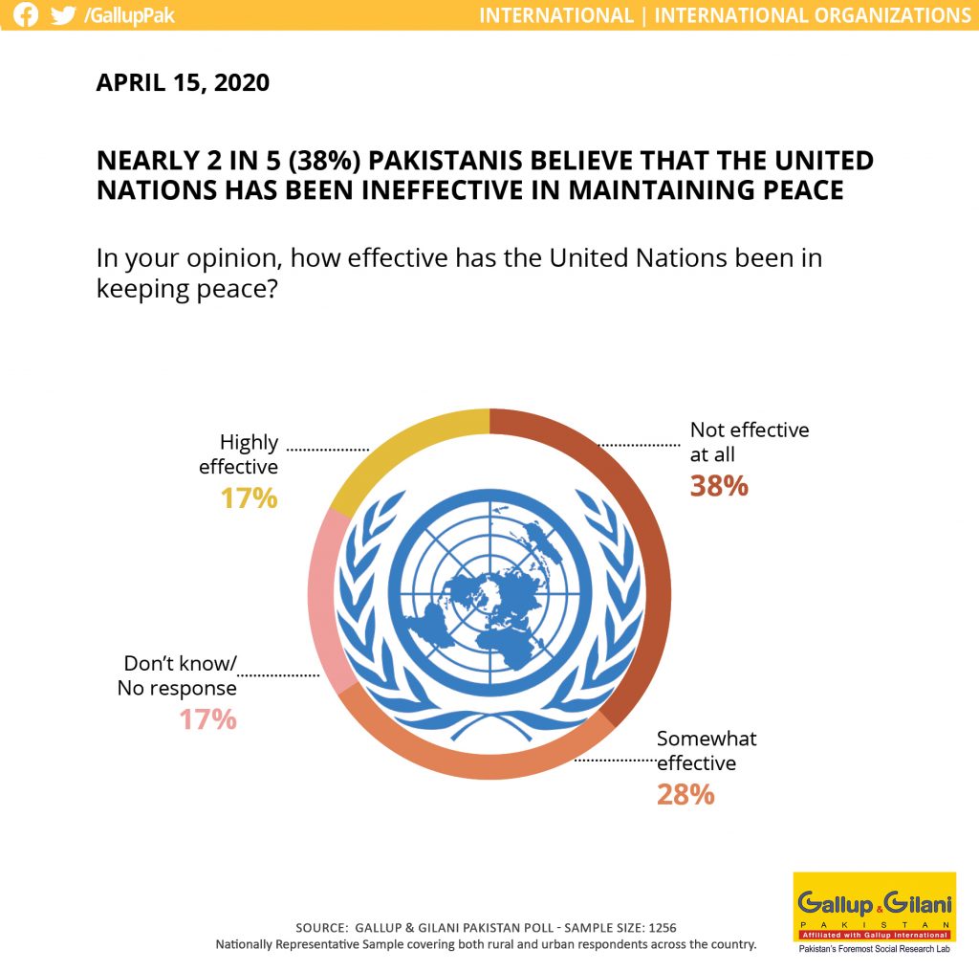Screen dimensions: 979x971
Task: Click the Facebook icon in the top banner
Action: click(26, 14)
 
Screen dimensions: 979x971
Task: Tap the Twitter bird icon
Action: click(63, 14)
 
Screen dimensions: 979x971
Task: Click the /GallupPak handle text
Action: click(130, 15)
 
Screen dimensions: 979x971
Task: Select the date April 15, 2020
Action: click(183, 82)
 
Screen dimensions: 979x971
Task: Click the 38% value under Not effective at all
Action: click(719, 486)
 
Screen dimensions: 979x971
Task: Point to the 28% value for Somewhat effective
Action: click(685, 795)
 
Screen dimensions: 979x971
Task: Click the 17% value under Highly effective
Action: click(250, 498)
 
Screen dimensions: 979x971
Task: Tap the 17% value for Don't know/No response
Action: click(207, 719)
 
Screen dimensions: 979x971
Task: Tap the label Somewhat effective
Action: click(707, 750)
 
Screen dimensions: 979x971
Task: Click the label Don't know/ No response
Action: click(177, 675)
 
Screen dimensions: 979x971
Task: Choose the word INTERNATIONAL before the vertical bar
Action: click(556, 15)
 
